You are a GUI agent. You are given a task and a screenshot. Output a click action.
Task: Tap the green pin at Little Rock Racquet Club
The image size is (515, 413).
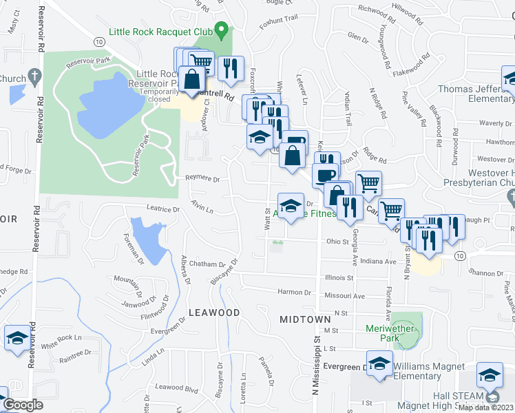pos(221,30)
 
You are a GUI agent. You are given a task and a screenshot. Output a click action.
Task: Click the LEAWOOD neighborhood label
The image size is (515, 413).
pos(214,313)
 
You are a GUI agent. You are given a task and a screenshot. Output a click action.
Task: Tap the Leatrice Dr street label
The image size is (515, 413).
pos(162,208)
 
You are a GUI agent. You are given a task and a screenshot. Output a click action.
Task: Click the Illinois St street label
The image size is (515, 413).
pos(339,277)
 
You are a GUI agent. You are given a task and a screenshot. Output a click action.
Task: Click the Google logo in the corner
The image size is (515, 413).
pos(23,405)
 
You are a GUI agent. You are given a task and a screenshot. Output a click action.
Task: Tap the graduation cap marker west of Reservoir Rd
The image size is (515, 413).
pos(17,338)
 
